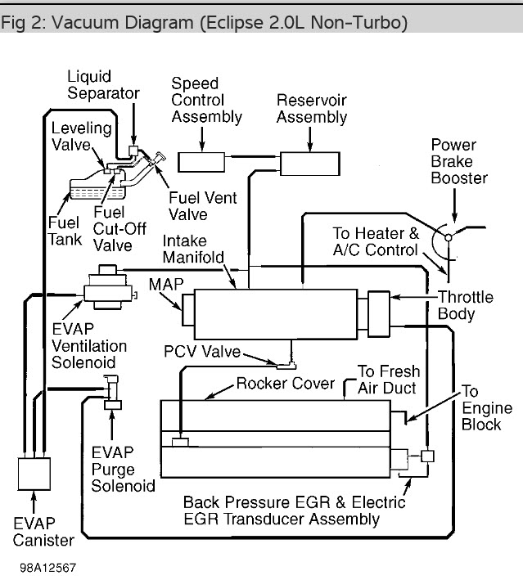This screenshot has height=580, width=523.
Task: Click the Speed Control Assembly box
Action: pyautogui.click(x=201, y=162)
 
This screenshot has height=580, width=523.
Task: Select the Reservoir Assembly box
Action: pyautogui.click(x=310, y=164)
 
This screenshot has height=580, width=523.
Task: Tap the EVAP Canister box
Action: pyautogui.click(x=34, y=474)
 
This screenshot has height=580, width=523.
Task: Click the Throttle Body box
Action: pyautogui.click(x=379, y=314)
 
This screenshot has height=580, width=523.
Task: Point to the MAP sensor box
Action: pyautogui.click(x=188, y=309)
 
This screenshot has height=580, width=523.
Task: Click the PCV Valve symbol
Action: pyautogui.click(x=286, y=366)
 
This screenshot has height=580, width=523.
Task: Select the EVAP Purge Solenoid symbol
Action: pyautogui.click(x=112, y=393)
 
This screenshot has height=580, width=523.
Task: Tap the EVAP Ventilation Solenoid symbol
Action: pyautogui.click(x=108, y=287)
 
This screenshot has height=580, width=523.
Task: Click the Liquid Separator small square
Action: pyautogui.click(x=133, y=151)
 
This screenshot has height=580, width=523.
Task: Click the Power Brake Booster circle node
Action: pyautogui.click(x=449, y=237)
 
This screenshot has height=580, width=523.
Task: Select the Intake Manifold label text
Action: pyautogui.click(x=193, y=249)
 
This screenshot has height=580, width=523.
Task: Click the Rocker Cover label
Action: pyautogui.click(x=286, y=383)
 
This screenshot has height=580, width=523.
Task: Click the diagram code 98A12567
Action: pyautogui.click(x=47, y=568)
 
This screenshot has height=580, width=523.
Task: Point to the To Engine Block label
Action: pyautogui.click(x=487, y=407)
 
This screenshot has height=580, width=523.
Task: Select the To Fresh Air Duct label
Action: pyautogui.click(x=389, y=380)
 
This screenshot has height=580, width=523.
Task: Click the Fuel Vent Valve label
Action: pyautogui.click(x=202, y=206)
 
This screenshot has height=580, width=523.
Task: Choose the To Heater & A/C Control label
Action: pyautogui.click(x=376, y=241)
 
